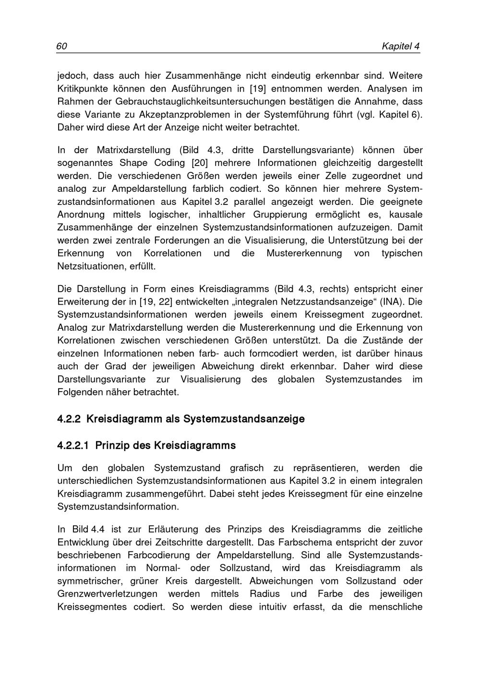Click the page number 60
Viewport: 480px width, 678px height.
pos(61,47)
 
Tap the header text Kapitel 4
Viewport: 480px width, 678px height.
pos(400,47)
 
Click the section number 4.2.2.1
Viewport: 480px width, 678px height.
pos(73,446)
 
